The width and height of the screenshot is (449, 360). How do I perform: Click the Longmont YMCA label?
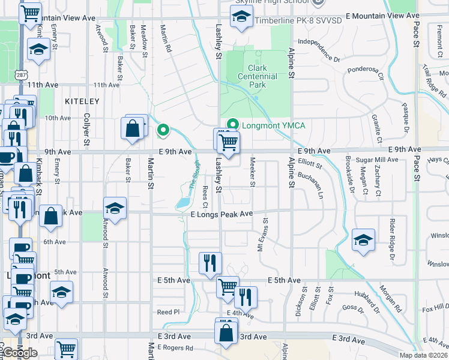click(273, 125)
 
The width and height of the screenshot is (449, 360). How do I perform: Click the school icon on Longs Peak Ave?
click(115, 209)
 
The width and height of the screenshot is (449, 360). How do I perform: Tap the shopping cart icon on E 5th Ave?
click(228, 288)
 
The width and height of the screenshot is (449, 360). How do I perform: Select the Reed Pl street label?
click(168, 312)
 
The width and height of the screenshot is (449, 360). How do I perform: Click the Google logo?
click(20, 353)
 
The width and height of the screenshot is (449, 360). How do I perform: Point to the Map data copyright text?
click(423, 355)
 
